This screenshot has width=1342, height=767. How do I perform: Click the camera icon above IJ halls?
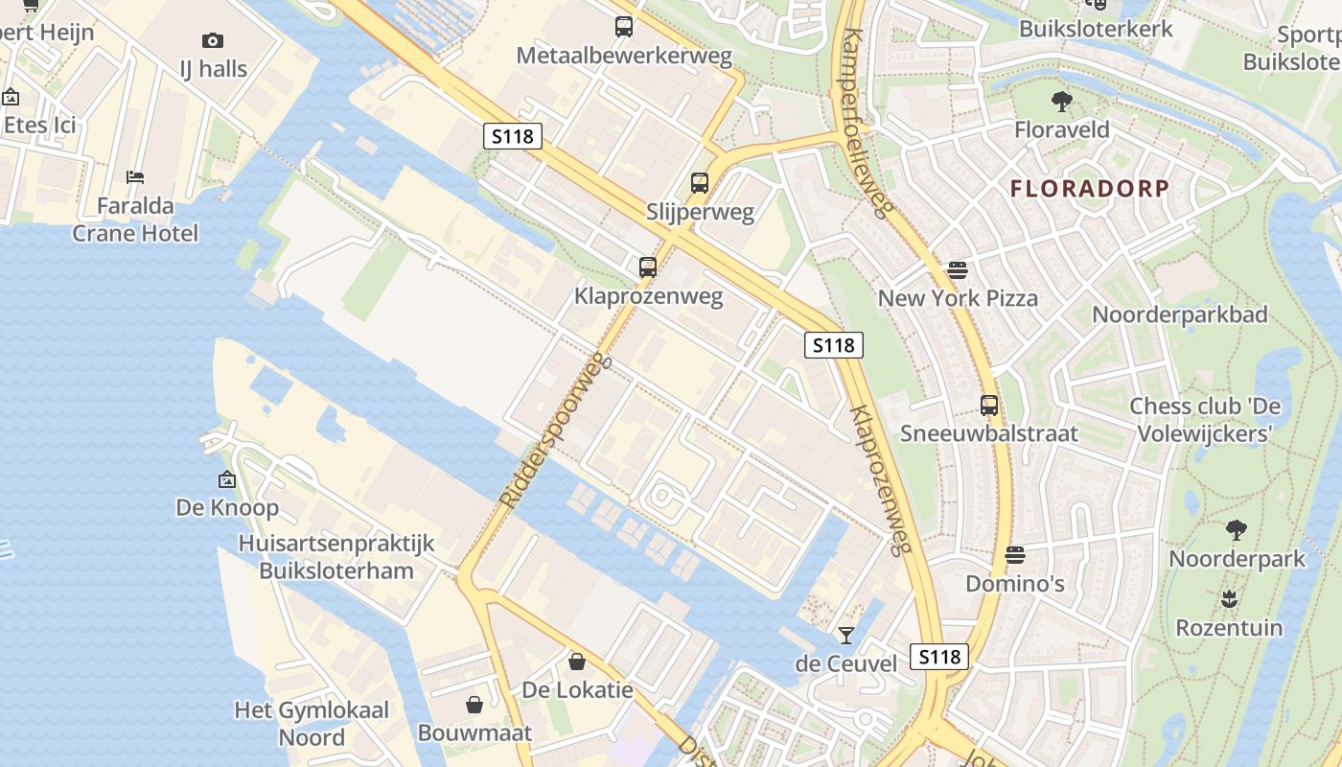[x=213, y=40]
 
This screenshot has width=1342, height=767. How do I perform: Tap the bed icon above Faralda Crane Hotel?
[x=135, y=177]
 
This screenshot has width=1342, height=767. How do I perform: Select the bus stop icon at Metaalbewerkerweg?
[x=624, y=27]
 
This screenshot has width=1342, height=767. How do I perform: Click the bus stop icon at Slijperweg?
[x=700, y=182]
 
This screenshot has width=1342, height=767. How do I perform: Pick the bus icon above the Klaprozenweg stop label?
[x=648, y=267]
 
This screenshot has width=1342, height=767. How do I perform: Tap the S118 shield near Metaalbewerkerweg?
[x=512, y=136]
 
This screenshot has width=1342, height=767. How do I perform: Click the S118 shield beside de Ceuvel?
[x=938, y=657]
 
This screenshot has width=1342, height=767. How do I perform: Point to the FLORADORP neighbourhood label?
[x=1090, y=189]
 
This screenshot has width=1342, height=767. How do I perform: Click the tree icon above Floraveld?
[x=1061, y=101]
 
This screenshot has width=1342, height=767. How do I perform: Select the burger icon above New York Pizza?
[x=957, y=269]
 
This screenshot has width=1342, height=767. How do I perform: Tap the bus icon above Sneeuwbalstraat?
[x=989, y=406]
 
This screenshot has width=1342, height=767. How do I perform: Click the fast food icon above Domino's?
[x=1015, y=555]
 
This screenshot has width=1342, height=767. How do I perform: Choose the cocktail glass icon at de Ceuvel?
[x=845, y=635]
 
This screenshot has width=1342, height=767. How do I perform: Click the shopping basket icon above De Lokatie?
[x=577, y=662]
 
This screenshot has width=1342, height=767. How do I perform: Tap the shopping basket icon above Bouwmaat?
[x=474, y=705]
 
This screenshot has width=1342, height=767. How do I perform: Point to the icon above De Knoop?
[x=227, y=479]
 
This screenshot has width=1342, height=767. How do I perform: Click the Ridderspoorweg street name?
[x=556, y=430]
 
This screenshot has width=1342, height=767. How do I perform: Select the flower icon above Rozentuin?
[x=1229, y=599]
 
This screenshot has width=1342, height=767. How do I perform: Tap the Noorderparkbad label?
[x=1180, y=314]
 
